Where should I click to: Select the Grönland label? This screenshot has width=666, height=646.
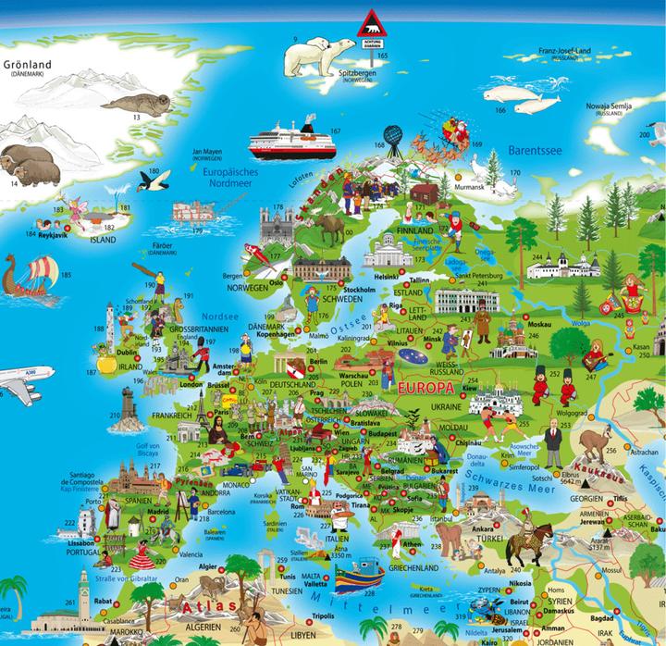click(28, 66)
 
